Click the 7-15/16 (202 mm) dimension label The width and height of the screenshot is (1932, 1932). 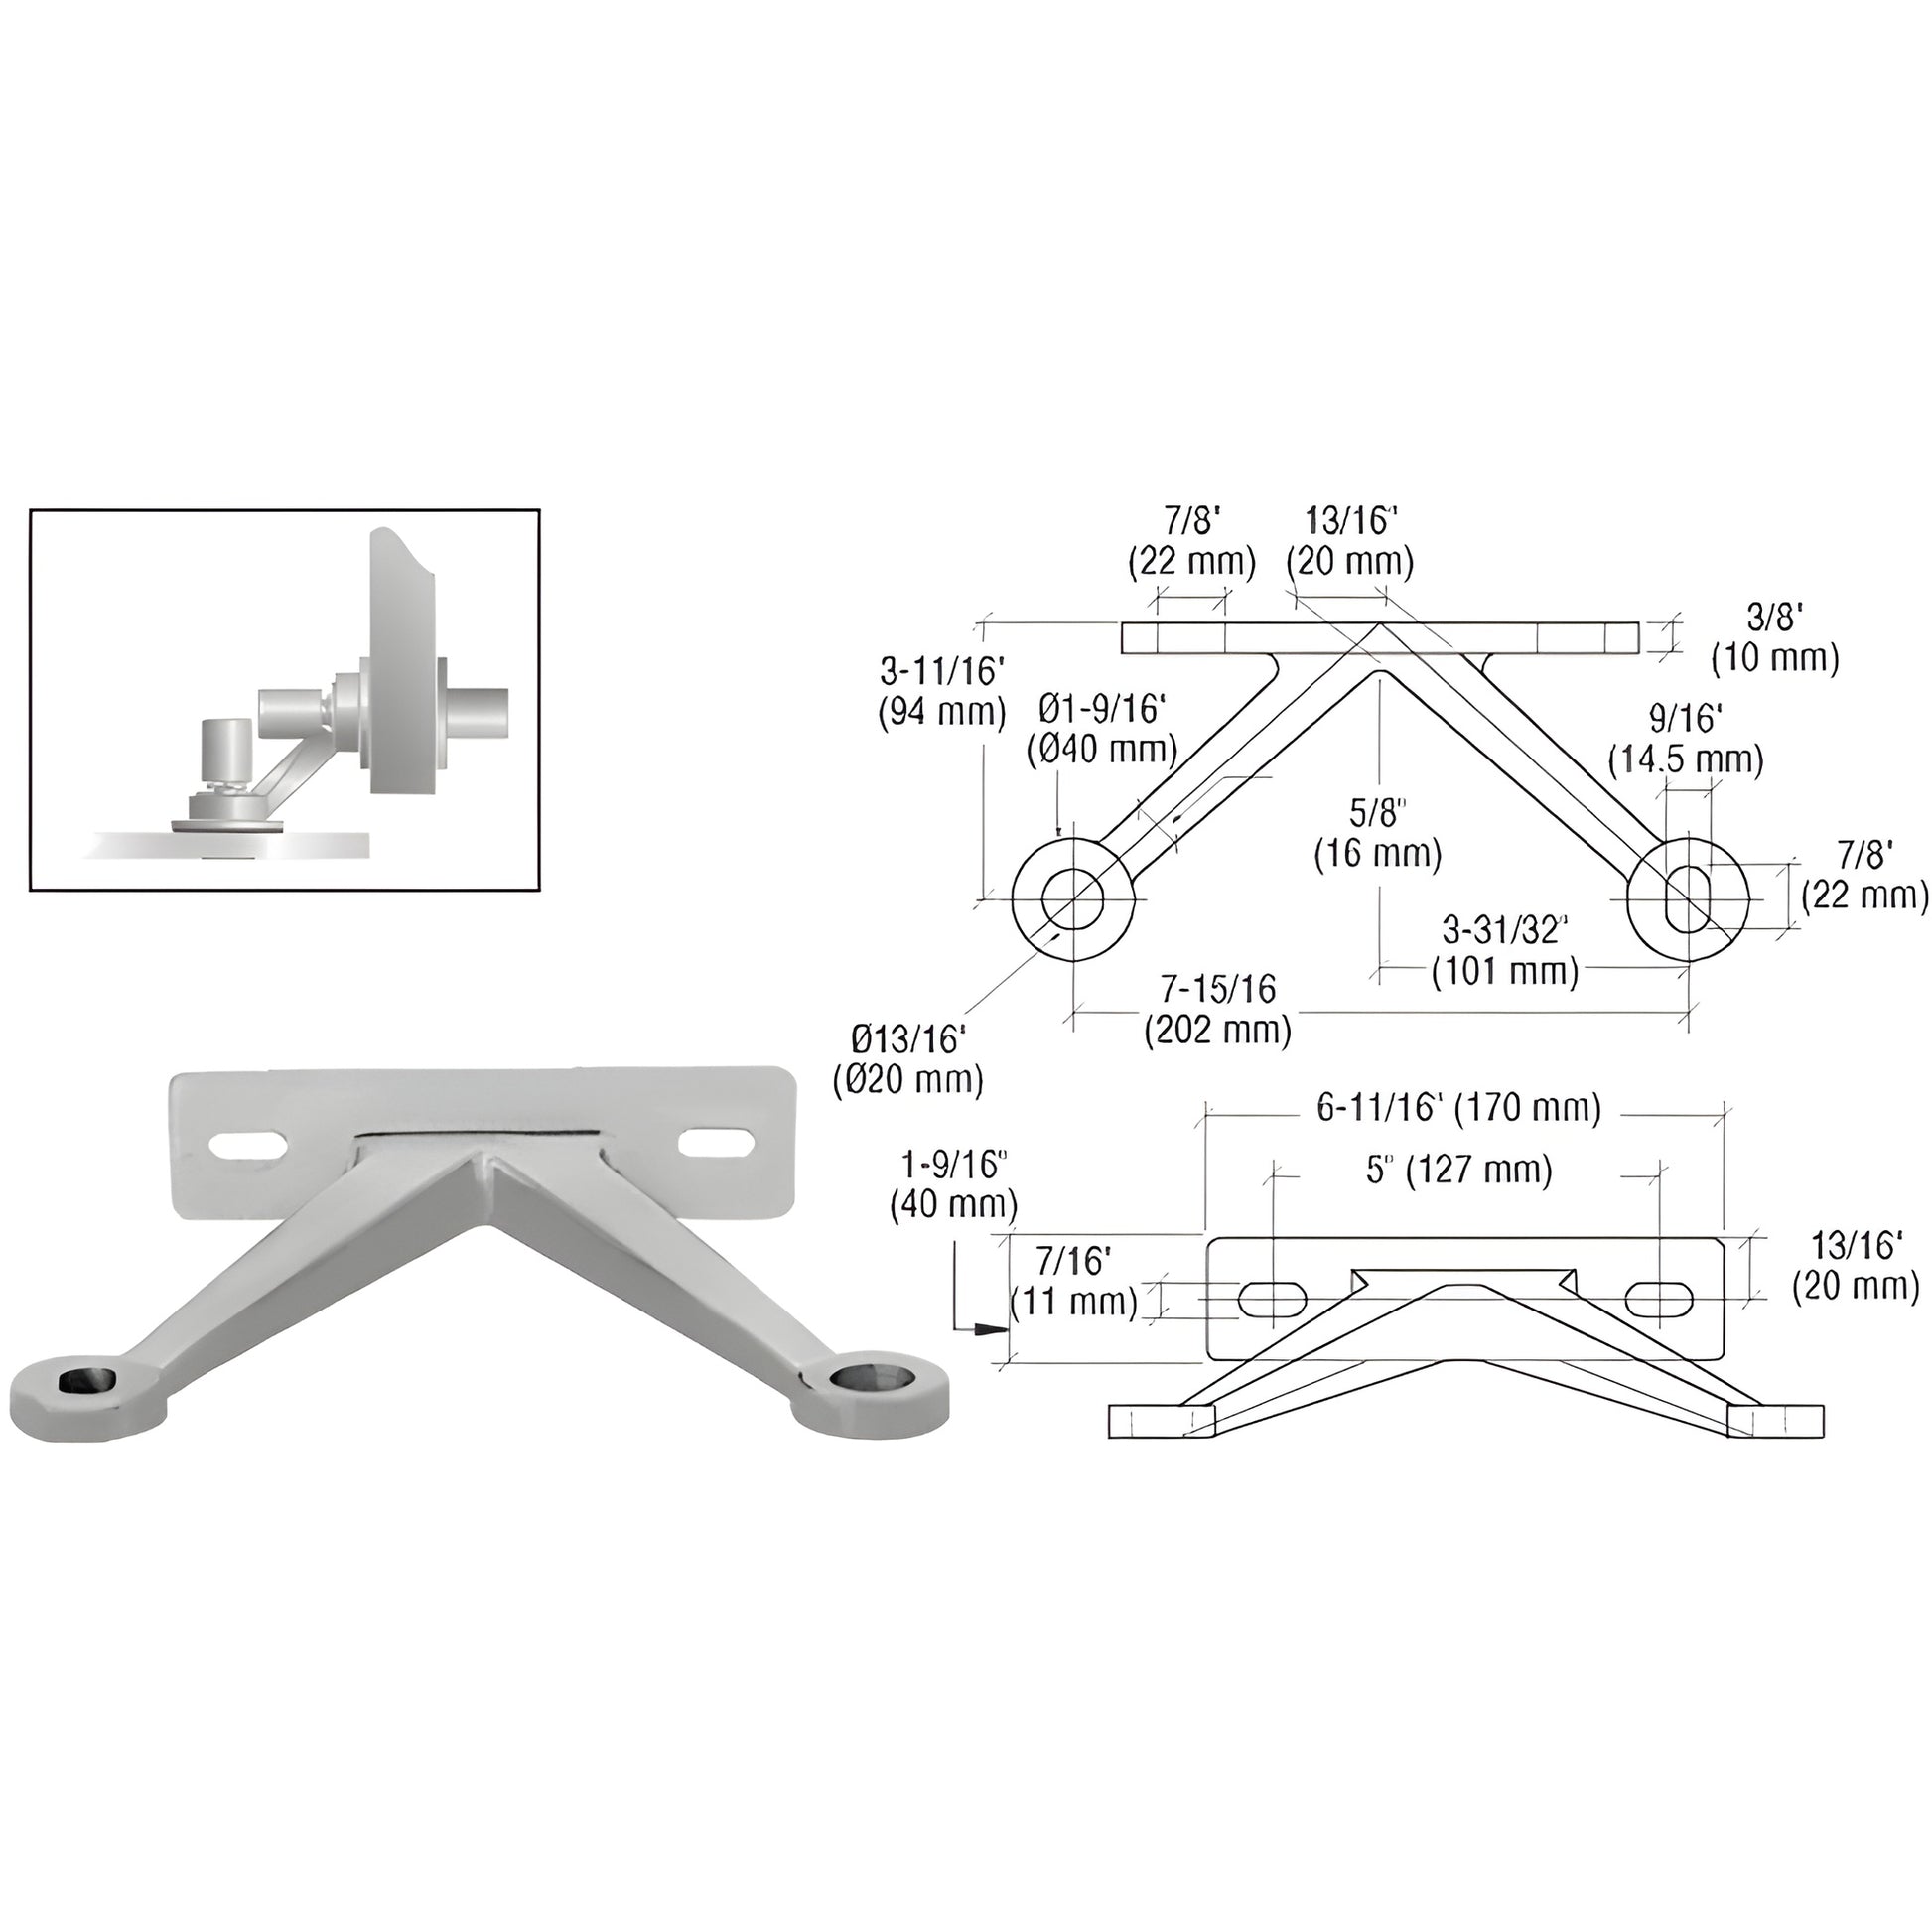[x=1218, y=1009]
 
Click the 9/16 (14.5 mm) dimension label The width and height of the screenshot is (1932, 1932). [x=1685, y=740]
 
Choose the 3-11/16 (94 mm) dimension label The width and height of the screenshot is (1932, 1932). [x=942, y=691]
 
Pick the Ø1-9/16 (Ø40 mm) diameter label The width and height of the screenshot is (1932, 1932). [x=1102, y=729]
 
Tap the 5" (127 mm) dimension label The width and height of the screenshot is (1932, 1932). [x=1459, y=1169]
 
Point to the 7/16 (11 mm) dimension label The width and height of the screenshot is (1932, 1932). [x=1074, y=1281]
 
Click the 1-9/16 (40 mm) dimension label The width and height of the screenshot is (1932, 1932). [x=953, y=1184]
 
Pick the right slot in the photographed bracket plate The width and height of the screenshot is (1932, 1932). [x=715, y=1140]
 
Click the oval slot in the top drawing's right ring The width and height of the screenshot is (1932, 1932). [x=1688, y=899]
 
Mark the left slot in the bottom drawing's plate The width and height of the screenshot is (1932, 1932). [x=1272, y=1299]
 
